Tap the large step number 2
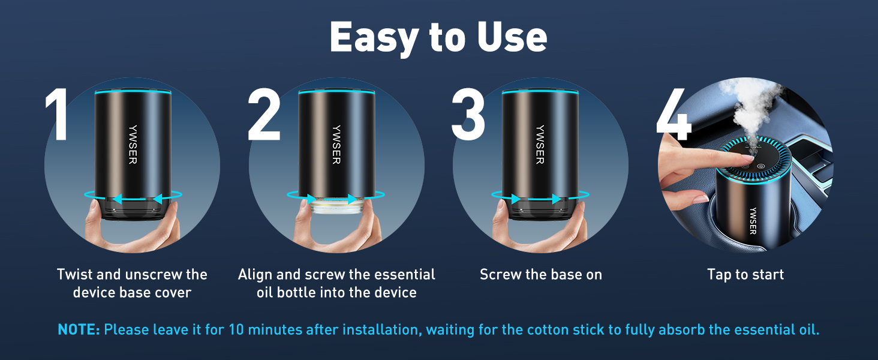coord(264,114)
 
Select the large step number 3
coord(468,114)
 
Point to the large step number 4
coord(673,114)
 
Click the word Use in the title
coord(512,37)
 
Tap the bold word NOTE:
coord(79,330)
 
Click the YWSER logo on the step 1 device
coord(133,145)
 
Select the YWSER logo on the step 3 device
coord(540,145)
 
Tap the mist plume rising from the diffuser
coord(751,108)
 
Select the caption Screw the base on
coord(540,275)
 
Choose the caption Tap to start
coord(745,275)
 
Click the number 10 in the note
coord(236,330)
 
